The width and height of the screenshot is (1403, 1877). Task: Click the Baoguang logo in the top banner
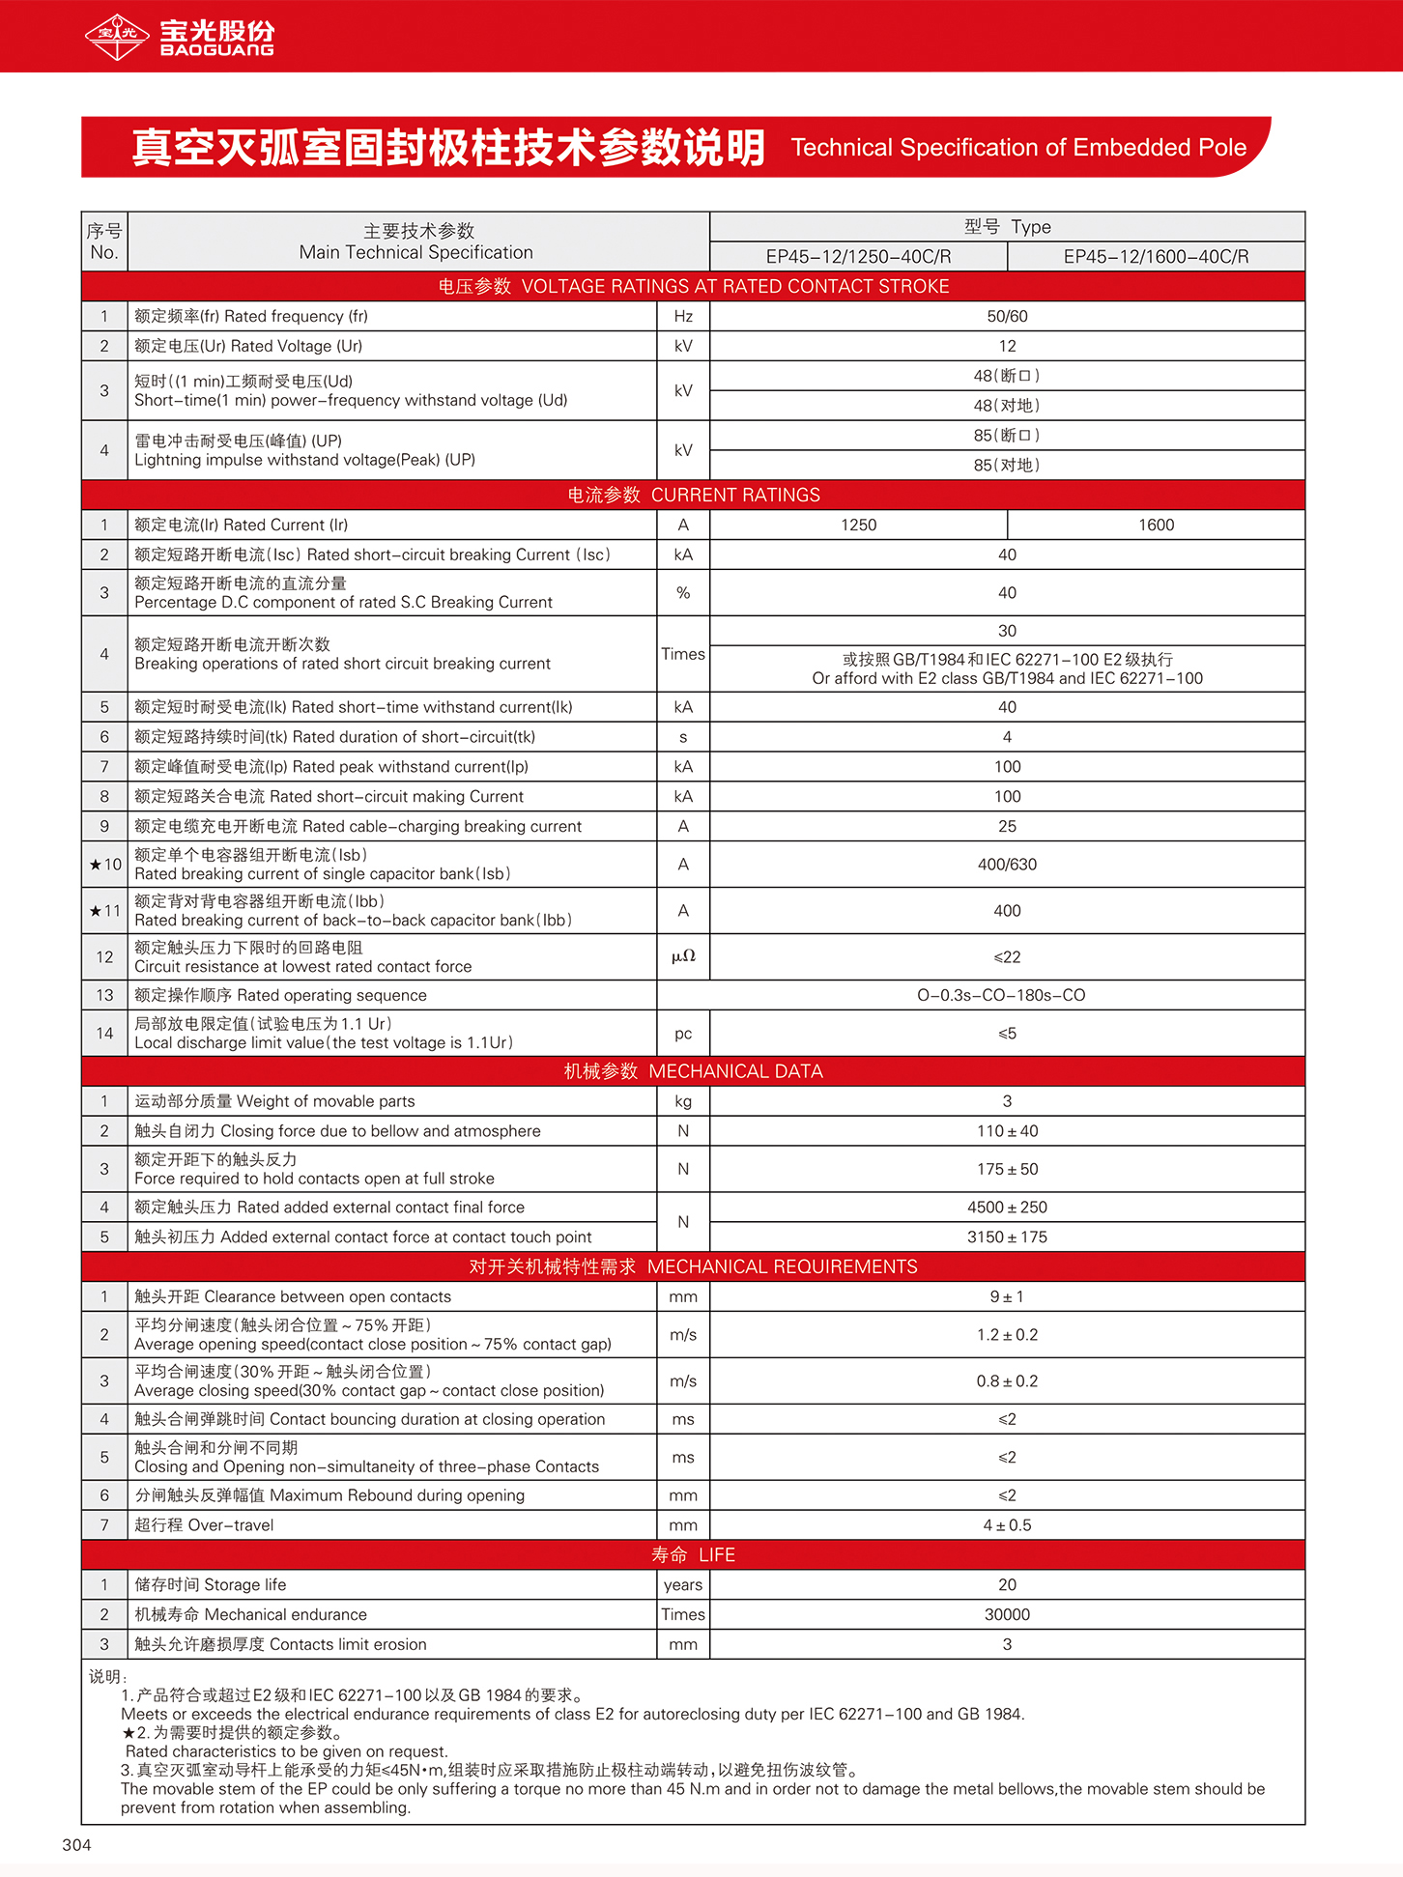click(x=180, y=37)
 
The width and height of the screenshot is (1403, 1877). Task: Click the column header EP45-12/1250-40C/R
click(x=858, y=256)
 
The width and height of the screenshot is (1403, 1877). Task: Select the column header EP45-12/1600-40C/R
click(x=1156, y=256)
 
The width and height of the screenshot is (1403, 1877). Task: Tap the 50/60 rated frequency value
click(x=1007, y=316)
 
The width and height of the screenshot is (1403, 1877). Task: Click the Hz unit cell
click(x=683, y=316)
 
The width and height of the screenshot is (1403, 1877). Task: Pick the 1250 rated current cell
click(x=858, y=525)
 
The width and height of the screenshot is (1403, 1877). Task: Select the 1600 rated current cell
click(x=1156, y=525)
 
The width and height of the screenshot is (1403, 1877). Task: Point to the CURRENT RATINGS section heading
click(x=693, y=495)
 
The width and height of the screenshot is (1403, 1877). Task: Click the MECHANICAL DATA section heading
click(x=693, y=1071)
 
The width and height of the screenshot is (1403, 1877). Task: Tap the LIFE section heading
click(x=693, y=1554)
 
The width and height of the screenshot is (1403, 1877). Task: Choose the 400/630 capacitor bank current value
click(x=1007, y=865)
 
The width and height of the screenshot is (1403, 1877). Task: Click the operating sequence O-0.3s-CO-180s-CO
click(x=1001, y=995)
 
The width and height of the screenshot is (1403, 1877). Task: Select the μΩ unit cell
click(x=683, y=956)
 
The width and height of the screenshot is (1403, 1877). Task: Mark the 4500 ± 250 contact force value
click(x=1007, y=1207)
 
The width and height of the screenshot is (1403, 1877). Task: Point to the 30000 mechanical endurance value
click(x=1007, y=1614)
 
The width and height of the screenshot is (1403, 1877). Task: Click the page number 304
click(x=76, y=1845)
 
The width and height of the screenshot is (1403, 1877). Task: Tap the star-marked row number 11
click(x=105, y=911)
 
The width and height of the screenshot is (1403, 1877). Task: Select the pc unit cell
click(x=683, y=1034)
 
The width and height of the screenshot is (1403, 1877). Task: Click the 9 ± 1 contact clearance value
click(x=1007, y=1296)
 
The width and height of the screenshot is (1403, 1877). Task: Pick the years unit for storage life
click(x=683, y=1584)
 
